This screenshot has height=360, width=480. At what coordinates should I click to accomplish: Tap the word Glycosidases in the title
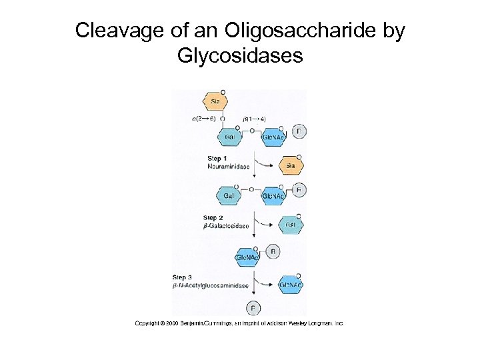pos(240,55)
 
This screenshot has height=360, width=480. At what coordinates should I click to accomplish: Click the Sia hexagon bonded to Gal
pos(215,102)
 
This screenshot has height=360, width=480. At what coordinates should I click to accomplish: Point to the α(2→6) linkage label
pos(203,119)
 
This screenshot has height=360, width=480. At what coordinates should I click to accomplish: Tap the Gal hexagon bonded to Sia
pos(229,137)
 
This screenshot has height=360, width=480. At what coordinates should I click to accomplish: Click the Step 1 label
pos(217,159)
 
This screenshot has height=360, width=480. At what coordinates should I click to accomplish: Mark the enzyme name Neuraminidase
pos(228,167)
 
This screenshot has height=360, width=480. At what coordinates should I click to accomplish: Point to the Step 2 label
pos(213,218)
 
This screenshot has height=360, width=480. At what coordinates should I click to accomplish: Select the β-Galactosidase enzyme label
pos(226,226)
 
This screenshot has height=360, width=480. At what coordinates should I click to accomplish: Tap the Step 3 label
pos(183,277)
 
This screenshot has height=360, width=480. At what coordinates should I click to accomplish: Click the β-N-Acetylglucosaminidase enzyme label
pos(211,286)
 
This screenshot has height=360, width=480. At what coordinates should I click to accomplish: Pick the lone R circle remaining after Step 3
pos(253,308)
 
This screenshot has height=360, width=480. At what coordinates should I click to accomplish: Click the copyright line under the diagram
pos(239,323)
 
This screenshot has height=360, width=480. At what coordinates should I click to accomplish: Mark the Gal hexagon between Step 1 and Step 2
pos(229,196)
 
